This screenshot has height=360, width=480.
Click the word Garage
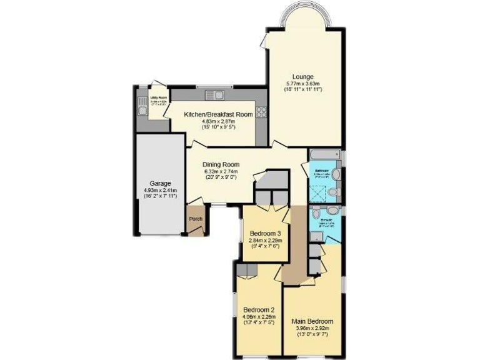point(160,184)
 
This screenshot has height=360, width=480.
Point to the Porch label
point(196,219)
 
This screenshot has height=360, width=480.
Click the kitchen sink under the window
point(214,96)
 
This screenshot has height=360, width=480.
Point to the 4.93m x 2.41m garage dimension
point(160,190)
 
